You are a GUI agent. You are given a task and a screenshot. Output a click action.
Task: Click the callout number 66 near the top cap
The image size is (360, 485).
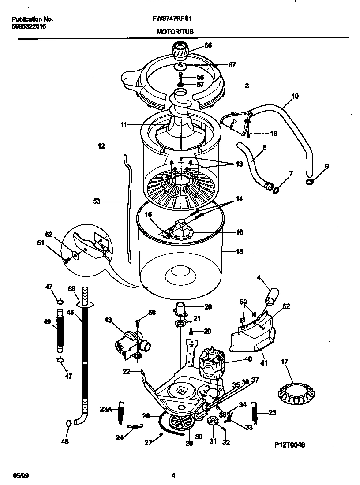(208, 45)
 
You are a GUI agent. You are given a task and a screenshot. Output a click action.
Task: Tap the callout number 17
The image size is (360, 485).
(285, 362)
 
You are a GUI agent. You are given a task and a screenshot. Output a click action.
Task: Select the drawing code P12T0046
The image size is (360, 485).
(289, 445)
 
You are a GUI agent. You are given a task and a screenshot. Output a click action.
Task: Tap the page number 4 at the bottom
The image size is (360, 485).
(173, 475)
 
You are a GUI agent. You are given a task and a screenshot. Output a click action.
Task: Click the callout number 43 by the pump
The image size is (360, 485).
(108, 320)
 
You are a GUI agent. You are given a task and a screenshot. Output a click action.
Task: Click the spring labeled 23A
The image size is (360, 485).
(120, 415)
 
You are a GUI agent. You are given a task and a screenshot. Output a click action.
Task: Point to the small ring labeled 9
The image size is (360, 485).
(309, 181)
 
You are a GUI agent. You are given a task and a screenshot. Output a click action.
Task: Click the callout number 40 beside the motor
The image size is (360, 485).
(248, 359)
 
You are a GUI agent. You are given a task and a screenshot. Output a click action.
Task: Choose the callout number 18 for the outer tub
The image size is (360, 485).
(240, 252)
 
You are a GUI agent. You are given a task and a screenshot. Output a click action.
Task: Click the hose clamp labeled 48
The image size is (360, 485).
(69, 423)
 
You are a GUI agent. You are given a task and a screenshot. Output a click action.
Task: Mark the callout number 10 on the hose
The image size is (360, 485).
(295, 96)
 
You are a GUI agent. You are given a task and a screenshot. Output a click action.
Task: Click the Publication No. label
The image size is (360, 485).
(32, 19)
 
